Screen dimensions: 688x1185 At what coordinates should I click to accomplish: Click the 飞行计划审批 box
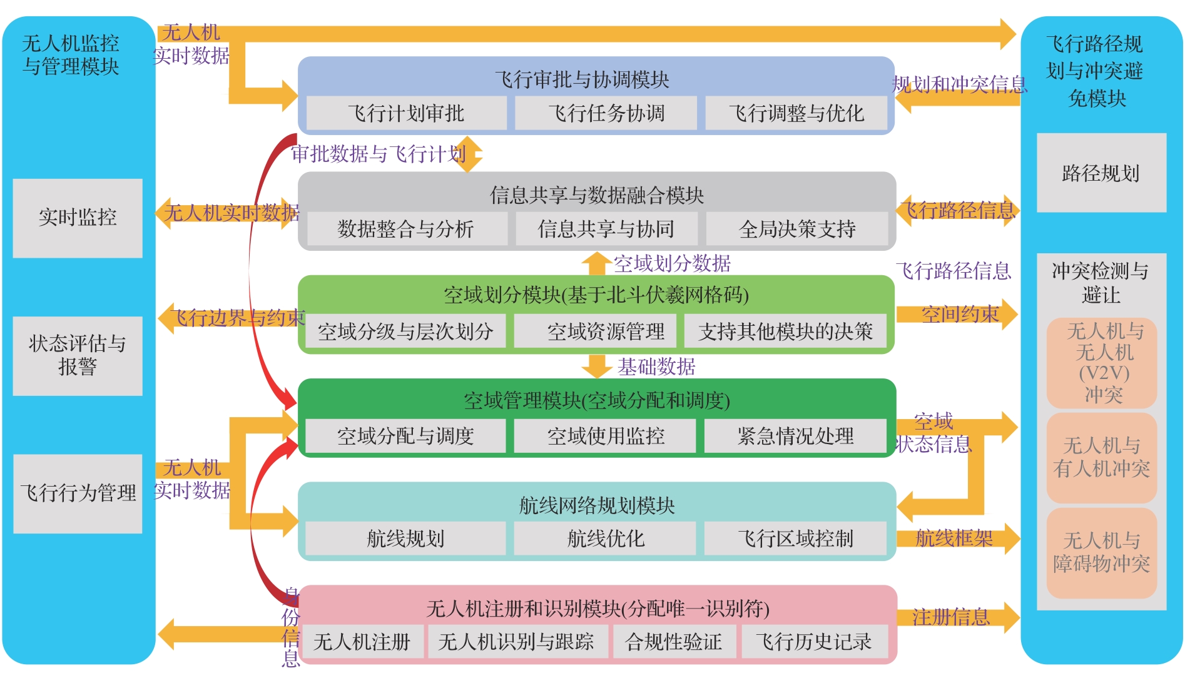(406, 113)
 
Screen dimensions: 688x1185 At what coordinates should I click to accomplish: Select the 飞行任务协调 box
(606, 113)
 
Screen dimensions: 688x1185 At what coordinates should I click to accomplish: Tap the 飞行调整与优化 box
(796, 113)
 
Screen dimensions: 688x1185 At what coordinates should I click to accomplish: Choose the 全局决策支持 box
(796, 229)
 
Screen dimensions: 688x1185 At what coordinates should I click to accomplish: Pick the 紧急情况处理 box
(795, 436)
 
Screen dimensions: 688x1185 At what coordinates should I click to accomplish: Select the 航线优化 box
(605, 539)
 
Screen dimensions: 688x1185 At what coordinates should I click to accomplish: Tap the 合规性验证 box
(673, 642)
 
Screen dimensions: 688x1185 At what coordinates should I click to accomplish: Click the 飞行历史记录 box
(813, 642)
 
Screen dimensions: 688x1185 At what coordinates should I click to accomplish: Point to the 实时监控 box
(78, 218)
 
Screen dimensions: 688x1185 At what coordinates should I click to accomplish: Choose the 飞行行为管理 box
(78, 493)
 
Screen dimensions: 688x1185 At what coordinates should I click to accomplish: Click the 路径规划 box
(1101, 173)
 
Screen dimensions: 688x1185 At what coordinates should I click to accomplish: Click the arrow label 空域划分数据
(672, 263)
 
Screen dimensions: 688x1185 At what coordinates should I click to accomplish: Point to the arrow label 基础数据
(656, 367)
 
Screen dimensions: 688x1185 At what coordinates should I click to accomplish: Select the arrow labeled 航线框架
(955, 539)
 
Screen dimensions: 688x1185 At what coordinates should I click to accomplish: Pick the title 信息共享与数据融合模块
(596, 196)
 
